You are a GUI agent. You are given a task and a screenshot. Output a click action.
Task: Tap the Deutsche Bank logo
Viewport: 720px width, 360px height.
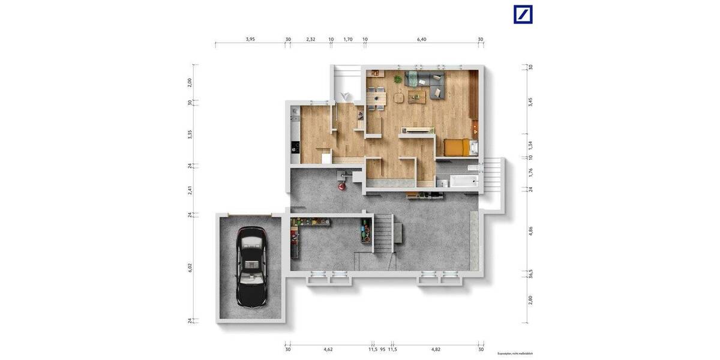pyautogui.click(x=523, y=14)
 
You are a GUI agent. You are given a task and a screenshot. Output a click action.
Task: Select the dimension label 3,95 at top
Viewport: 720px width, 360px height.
pyautogui.click(x=250, y=39)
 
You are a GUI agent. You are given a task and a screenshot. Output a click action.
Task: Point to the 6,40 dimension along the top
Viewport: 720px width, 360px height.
pyautogui.click(x=422, y=39)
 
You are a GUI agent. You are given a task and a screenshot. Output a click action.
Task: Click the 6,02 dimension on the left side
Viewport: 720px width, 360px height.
pyautogui.click(x=190, y=268)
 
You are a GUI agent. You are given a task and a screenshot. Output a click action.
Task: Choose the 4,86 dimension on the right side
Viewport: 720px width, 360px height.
pyautogui.click(x=530, y=231)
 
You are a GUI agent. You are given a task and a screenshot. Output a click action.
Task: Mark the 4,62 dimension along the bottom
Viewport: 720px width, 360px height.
pyautogui.click(x=328, y=349)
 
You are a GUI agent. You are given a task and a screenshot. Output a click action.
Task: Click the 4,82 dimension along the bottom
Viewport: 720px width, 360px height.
pyautogui.click(x=436, y=349)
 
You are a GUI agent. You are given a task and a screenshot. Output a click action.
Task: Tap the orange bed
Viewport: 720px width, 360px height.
pyautogui.click(x=457, y=147)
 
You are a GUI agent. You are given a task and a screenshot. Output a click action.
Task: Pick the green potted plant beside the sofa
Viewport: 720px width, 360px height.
pyautogui.click(x=397, y=79)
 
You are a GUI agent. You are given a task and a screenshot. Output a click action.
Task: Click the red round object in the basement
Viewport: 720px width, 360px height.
pyautogui.click(x=341, y=187)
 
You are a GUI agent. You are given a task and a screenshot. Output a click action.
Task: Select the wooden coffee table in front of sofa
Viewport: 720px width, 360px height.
pyautogui.click(x=417, y=96)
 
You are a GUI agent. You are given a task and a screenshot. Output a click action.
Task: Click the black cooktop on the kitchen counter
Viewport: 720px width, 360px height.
pyautogui.click(x=295, y=146)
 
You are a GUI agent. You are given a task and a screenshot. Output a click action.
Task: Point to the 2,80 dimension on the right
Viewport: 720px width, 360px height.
pyautogui.click(x=530, y=300)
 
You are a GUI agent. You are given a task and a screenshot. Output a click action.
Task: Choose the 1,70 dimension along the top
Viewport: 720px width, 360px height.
pyautogui.click(x=348, y=39)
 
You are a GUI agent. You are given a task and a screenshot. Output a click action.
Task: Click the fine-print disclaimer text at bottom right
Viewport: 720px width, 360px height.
pyautogui.click(x=515, y=354)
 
